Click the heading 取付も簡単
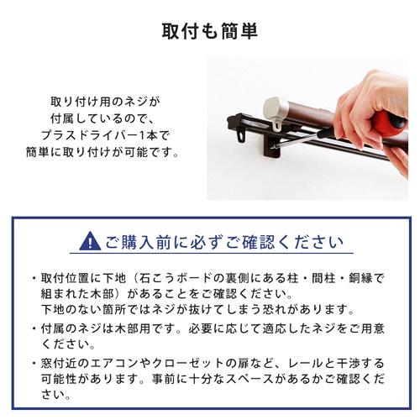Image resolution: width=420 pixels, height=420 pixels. tap(209, 31)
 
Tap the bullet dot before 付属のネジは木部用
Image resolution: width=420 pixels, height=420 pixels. tap(34, 329)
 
